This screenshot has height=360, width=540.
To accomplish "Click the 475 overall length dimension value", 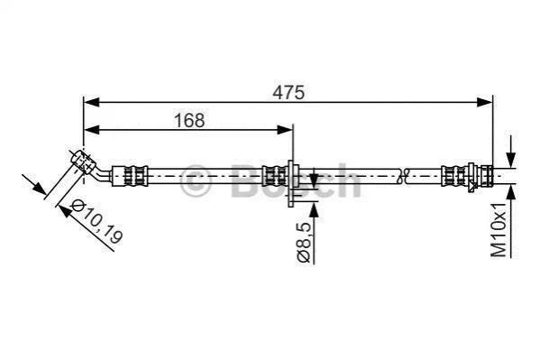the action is (288, 92).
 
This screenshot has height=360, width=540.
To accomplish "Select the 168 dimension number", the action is (189, 120).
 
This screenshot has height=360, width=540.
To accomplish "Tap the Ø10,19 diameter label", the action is (96, 221).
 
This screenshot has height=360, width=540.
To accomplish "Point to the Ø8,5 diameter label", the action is (305, 243).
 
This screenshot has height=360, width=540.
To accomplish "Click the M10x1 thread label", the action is (499, 230).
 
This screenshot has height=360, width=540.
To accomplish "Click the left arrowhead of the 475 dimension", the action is (92, 102).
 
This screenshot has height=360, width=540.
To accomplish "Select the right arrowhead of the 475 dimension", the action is (484, 102).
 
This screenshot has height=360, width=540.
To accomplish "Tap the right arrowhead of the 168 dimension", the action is (285, 130).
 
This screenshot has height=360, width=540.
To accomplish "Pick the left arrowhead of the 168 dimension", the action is (92, 130).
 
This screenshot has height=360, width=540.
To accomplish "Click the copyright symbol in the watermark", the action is (196, 180).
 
